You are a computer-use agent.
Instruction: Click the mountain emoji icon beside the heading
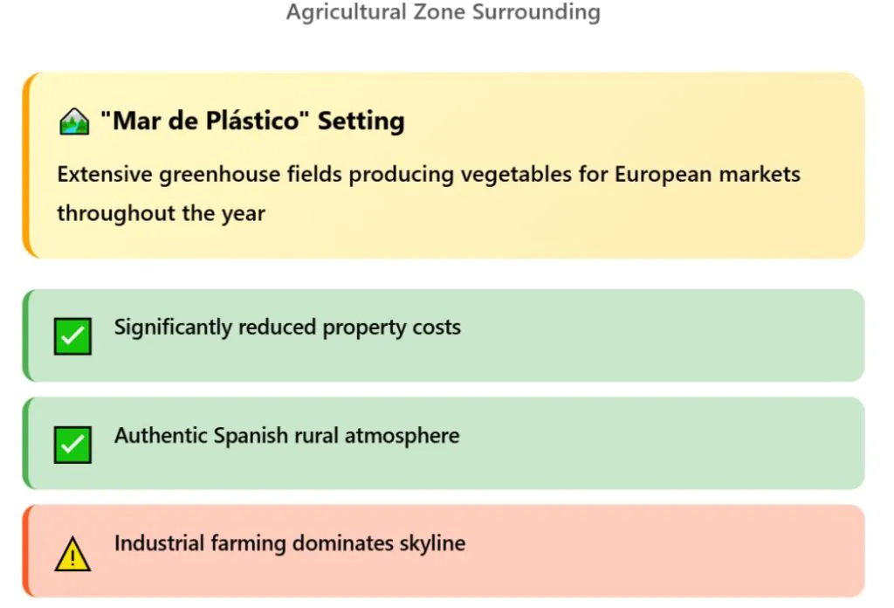74,121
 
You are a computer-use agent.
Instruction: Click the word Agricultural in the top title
346,12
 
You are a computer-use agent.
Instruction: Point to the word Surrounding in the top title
537,12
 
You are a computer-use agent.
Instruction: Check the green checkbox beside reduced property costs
72,336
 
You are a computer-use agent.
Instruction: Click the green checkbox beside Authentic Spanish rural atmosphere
72,445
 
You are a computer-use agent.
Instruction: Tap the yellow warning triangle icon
72,553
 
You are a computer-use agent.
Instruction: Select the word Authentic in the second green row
161,436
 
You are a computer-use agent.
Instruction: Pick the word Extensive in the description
105,175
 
